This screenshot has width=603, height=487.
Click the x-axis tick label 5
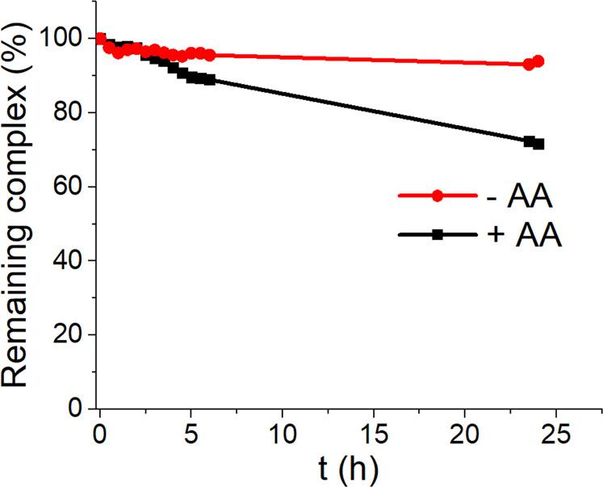pyautogui.click(x=191, y=434)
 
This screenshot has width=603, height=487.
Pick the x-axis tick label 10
pyautogui.click(x=283, y=434)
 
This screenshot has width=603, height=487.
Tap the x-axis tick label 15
pyautogui.click(x=374, y=434)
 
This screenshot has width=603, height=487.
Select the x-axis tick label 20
pyautogui.click(x=466, y=434)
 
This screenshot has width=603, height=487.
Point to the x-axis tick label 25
pyautogui.click(x=557, y=434)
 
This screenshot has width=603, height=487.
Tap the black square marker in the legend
pyautogui.click(x=437, y=234)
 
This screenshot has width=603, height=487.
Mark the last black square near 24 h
pyautogui.click(x=538, y=144)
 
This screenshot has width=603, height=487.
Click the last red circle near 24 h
pyautogui.click(x=538, y=61)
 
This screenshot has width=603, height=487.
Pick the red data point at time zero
pyautogui.click(x=100, y=39)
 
